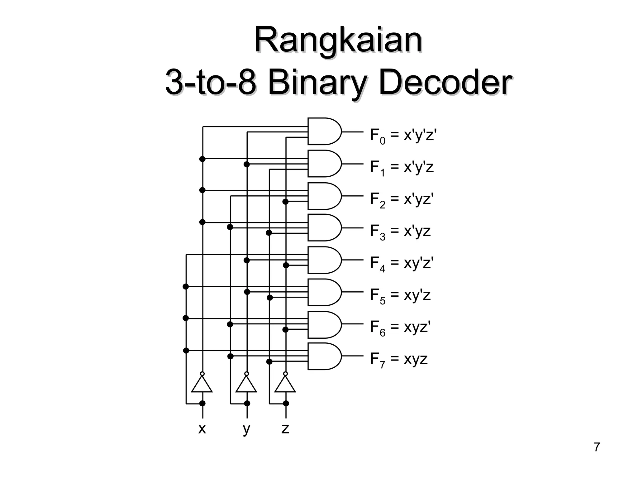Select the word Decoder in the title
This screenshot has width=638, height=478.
[x=445, y=83]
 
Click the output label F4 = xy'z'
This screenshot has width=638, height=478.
[x=402, y=264]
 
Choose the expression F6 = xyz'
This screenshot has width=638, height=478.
[x=400, y=328]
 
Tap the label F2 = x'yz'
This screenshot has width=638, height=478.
[x=402, y=200]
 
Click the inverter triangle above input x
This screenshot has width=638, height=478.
[x=202, y=385]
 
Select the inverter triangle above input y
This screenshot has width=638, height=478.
[x=246, y=385]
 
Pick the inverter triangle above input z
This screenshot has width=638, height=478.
[x=285, y=385]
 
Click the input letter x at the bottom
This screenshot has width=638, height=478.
[x=202, y=429]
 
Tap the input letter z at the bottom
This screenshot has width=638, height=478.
[x=285, y=429]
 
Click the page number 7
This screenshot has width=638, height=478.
[x=597, y=447]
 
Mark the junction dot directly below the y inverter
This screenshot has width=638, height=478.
[x=247, y=404]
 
